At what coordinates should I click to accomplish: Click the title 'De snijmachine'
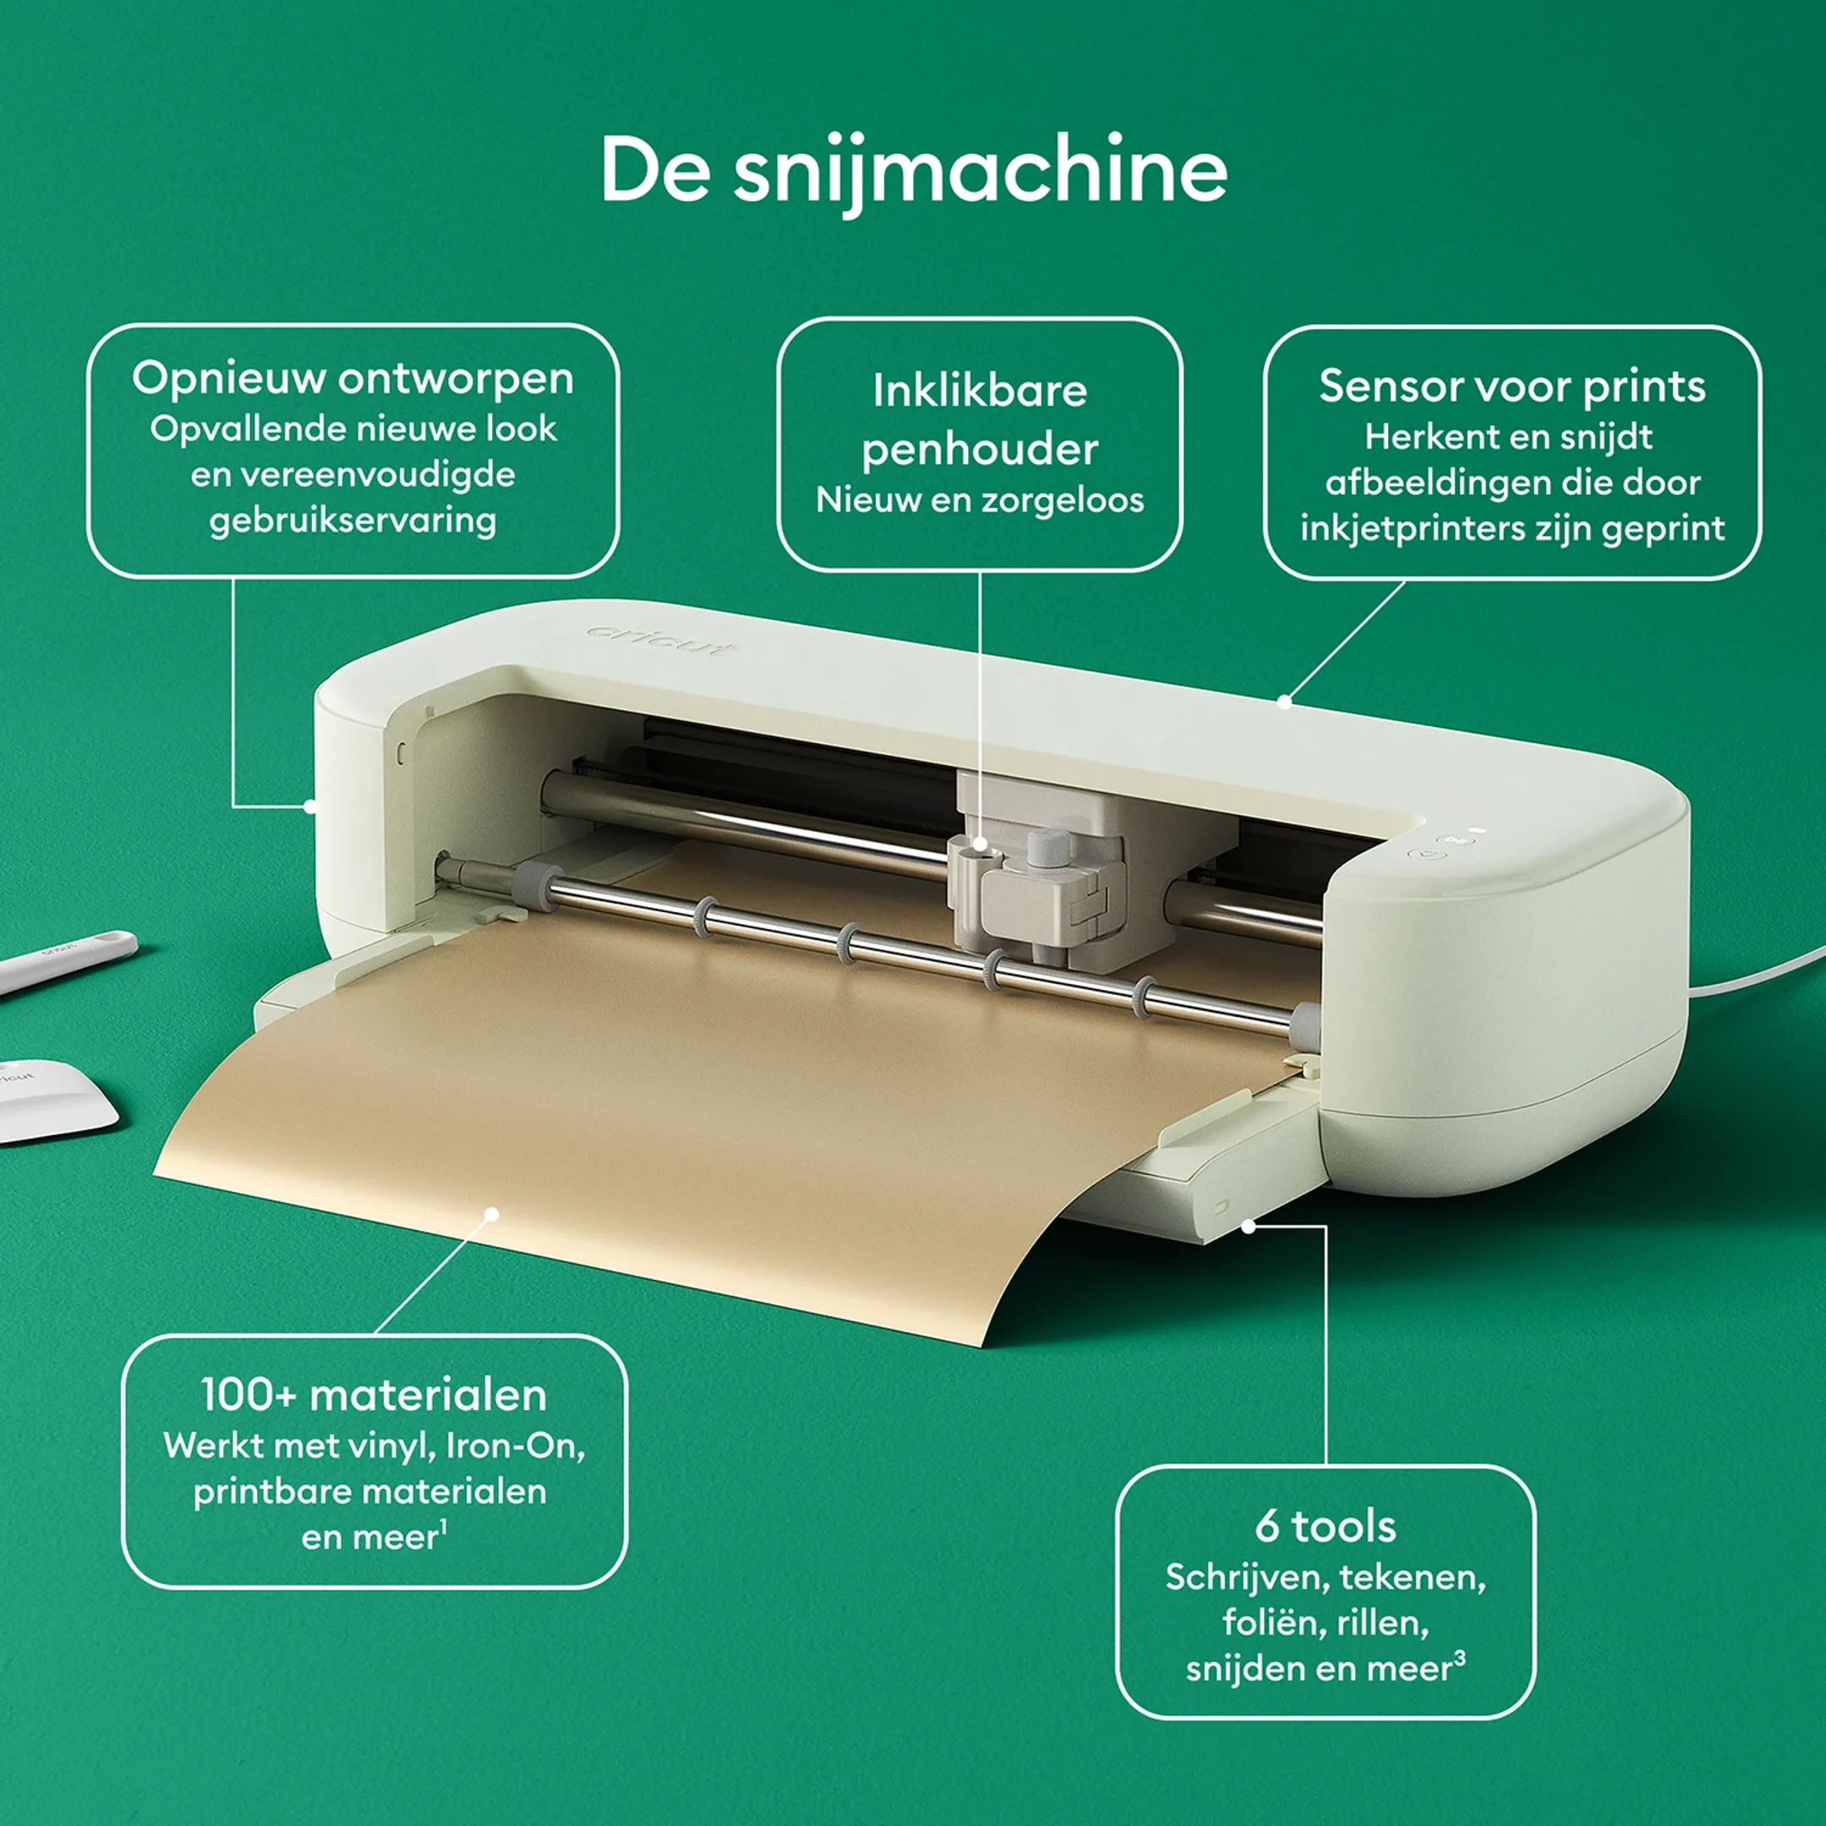click(914, 171)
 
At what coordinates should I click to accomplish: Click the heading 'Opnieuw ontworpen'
click(353, 379)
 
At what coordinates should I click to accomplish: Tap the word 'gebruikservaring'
click(353, 521)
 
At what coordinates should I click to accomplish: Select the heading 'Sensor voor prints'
click(1512, 385)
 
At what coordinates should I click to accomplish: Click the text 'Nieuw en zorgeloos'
click(979, 500)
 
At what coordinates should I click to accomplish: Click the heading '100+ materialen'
click(374, 1395)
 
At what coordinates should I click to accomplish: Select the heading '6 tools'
click(1325, 1527)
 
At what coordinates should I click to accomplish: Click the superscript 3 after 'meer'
click(1460, 1659)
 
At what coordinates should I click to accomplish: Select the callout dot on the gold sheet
click(491, 1214)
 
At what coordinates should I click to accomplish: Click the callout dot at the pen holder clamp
click(980, 844)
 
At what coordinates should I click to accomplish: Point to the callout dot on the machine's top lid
click(1284, 702)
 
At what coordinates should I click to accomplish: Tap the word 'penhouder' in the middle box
click(979, 450)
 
